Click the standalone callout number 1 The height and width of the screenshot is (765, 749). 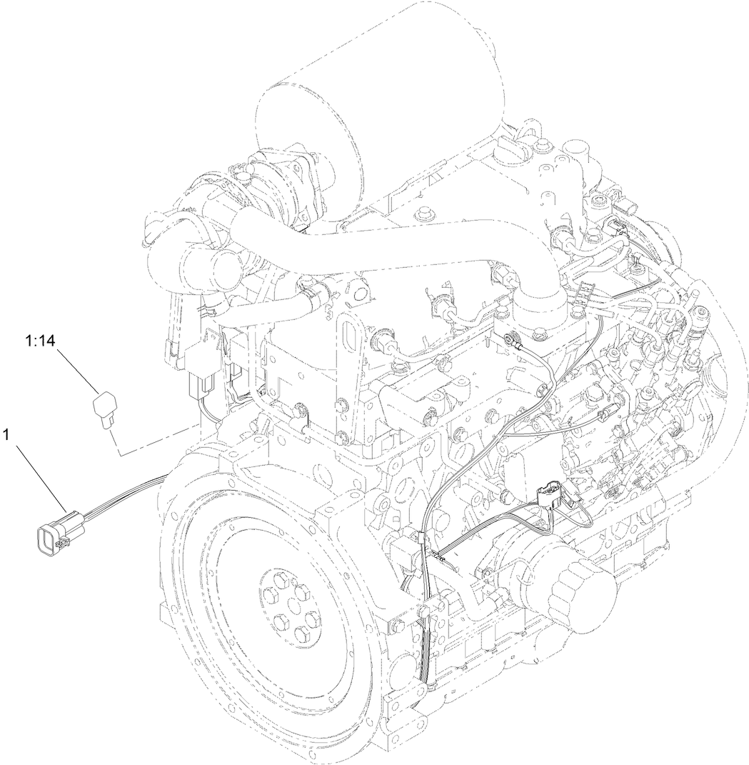point(9,434)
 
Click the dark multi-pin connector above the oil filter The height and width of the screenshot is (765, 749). point(549,496)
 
